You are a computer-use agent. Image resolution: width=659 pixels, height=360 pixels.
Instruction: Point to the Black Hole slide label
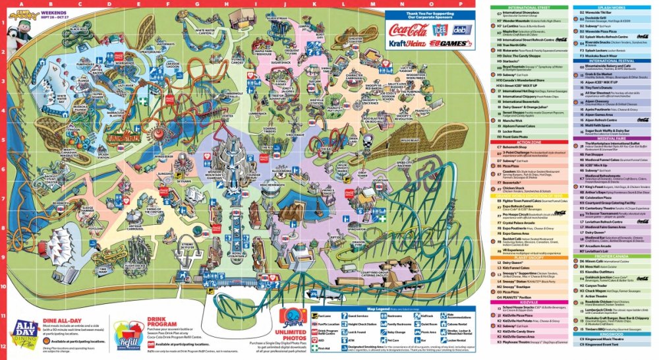tap(78, 30)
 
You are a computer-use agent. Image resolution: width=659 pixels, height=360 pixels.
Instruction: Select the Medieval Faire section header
tap(609, 138)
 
